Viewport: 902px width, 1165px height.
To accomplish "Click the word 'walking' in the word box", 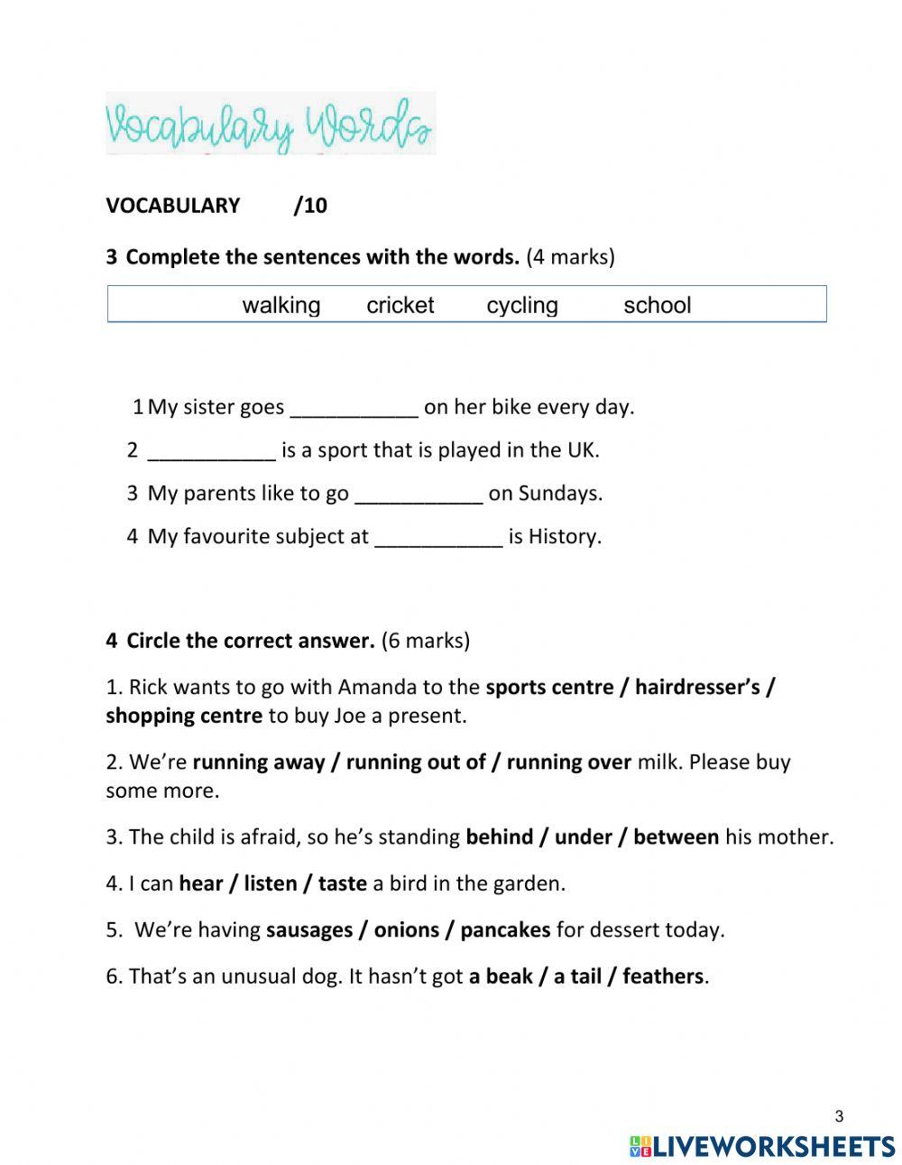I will (x=281, y=306).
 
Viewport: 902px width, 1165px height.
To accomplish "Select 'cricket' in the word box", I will (x=400, y=306).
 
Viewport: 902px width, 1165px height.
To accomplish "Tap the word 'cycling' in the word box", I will (x=521, y=306).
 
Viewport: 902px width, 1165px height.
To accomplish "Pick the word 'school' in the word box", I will (x=657, y=306).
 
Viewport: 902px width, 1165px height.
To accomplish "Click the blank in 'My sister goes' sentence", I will (x=354, y=409).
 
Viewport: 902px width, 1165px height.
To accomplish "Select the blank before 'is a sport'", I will (x=211, y=451).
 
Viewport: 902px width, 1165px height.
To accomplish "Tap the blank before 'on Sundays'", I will (x=419, y=495).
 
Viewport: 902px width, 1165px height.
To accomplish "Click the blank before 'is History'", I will (x=437, y=538).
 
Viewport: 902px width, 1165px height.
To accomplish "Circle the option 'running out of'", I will (x=416, y=763).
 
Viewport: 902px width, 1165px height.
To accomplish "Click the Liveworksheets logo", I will (x=761, y=1146).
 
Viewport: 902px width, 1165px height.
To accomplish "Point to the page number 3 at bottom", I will (x=839, y=1117).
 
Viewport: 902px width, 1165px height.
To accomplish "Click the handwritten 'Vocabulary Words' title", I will (x=270, y=125).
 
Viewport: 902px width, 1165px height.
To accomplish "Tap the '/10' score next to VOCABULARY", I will (x=310, y=206).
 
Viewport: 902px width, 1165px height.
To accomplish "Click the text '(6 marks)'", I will (x=425, y=642).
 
